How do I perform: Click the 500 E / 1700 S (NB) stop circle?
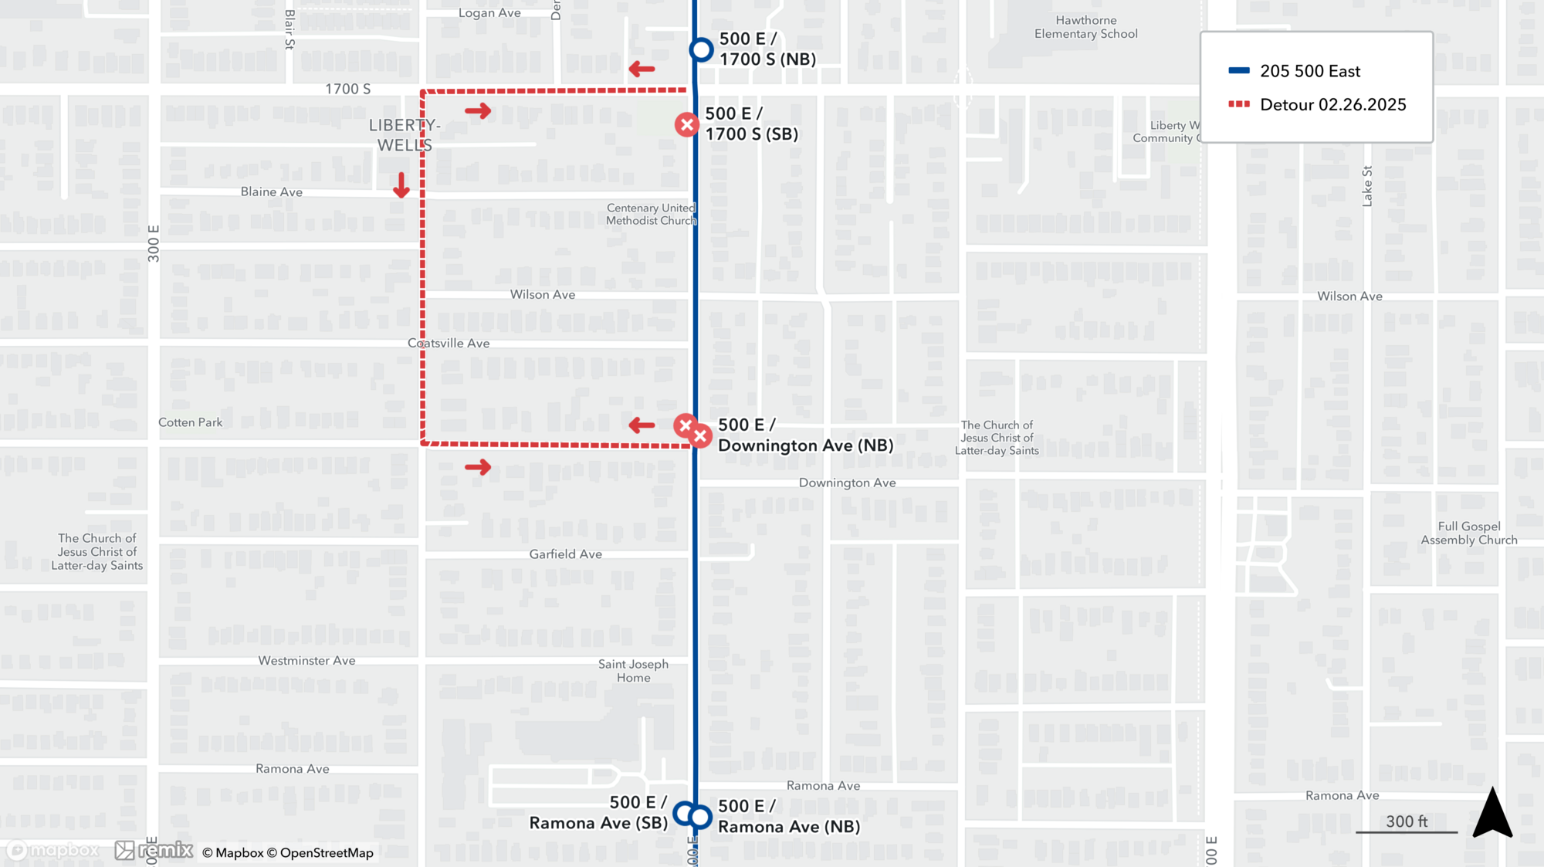pyautogui.click(x=701, y=50)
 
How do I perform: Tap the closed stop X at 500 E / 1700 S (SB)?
pyautogui.click(x=686, y=124)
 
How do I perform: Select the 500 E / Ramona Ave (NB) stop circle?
pyautogui.click(x=700, y=817)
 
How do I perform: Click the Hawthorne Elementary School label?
pyautogui.click(x=1085, y=27)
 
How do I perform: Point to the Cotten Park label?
pyautogui.click(x=190, y=422)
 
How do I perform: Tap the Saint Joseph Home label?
pyautogui.click(x=633, y=671)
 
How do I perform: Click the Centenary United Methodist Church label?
pyautogui.click(x=651, y=214)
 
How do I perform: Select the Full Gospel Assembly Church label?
pyautogui.click(x=1468, y=533)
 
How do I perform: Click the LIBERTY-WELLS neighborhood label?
pyautogui.click(x=405, y=135)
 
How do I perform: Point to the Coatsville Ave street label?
pyautogui.click(x=449, y=343)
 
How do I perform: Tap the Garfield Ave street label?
pyautogui.click(x=565, y=554)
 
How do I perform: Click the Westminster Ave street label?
pyautogui.click(x=306, y=660)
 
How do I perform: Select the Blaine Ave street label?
pyautogui.click(x=271, y=191)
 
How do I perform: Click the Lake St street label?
pyautogui.click(x=1367, y=186)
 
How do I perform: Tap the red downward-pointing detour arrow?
pyautogui.click(x=401, y=185)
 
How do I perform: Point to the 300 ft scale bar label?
pyautogui.click(x=1407, y=821)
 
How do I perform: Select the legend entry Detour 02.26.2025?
pyautogui.click(x=1332, y=104)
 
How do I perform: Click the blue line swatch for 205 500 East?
pyautogui.click(x=1239, y=71)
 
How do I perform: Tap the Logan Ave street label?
pyautogui.click(x=489, y=13)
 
